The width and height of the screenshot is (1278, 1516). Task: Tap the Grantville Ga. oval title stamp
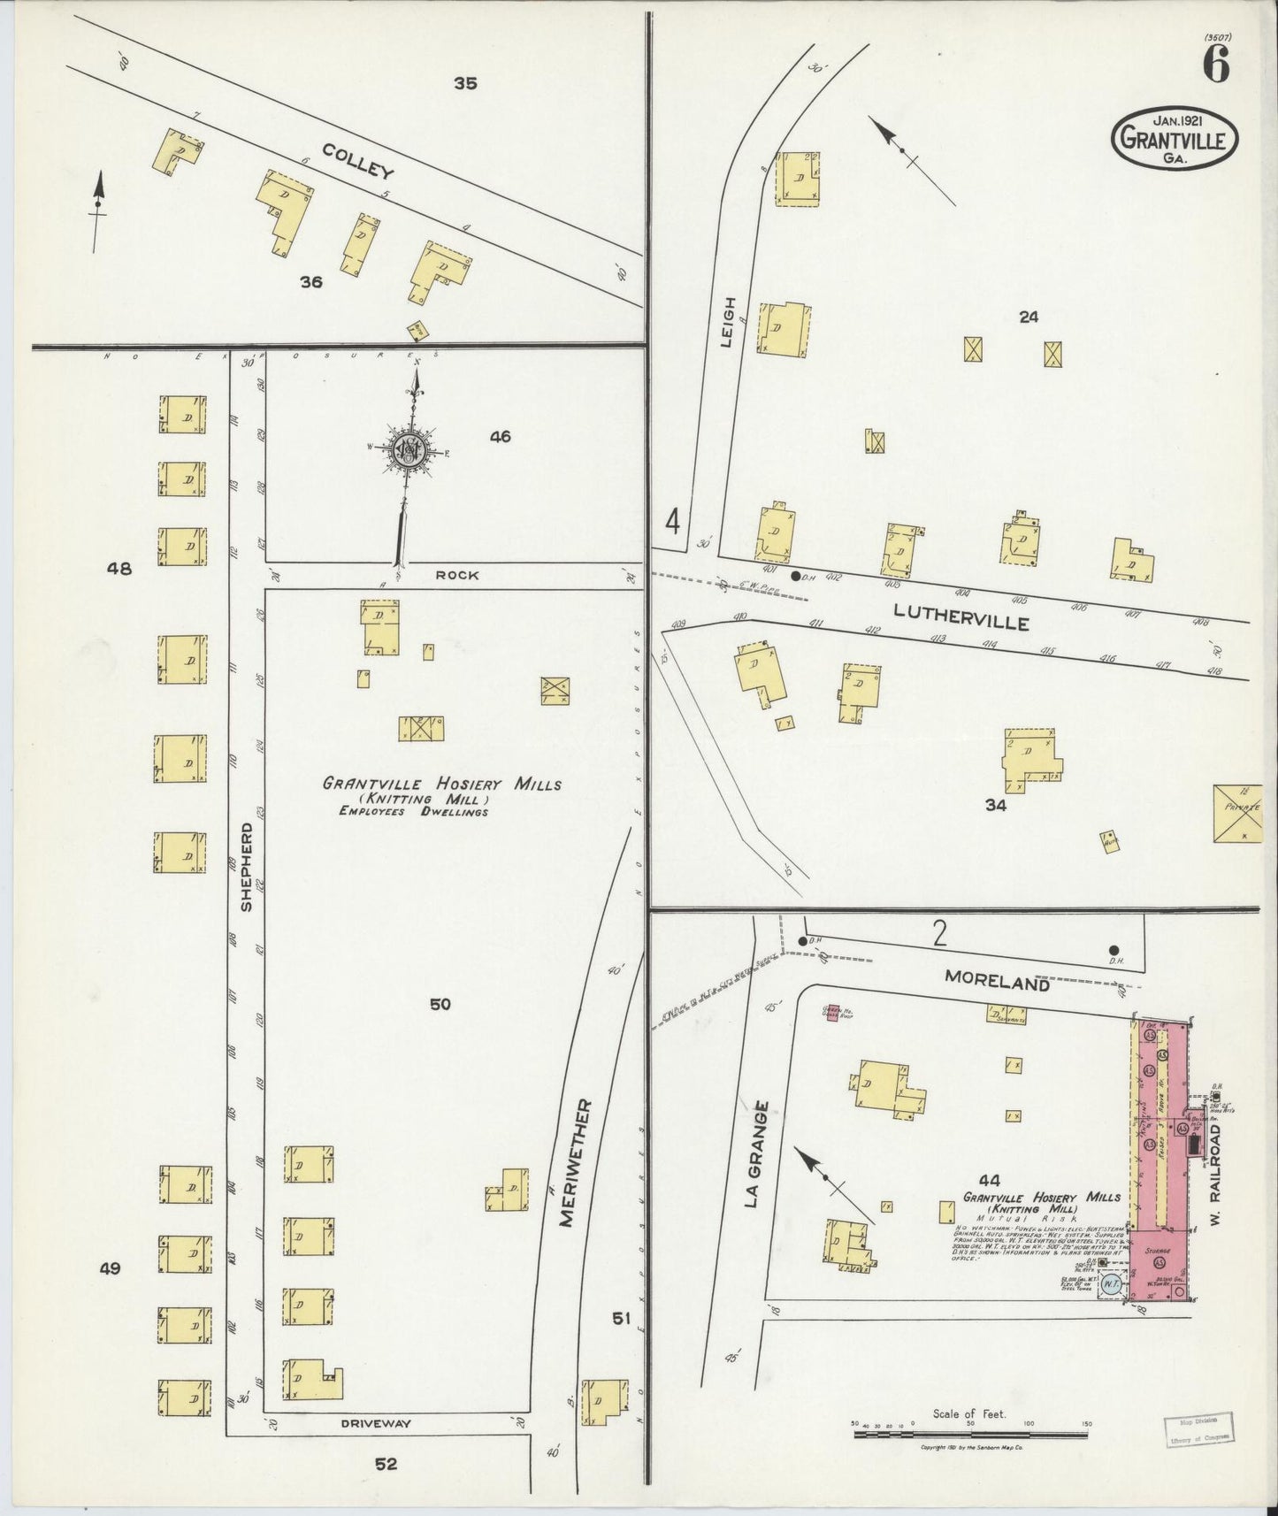1175,138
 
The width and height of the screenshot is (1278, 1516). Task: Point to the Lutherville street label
960,616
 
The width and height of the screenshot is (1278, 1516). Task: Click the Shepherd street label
246,867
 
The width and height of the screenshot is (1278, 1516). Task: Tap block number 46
500,436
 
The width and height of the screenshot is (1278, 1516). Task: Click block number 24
1028,317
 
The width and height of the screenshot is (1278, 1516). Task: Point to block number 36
311,282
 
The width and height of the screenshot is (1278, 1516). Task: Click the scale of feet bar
971,1434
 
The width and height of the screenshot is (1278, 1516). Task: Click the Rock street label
456,575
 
